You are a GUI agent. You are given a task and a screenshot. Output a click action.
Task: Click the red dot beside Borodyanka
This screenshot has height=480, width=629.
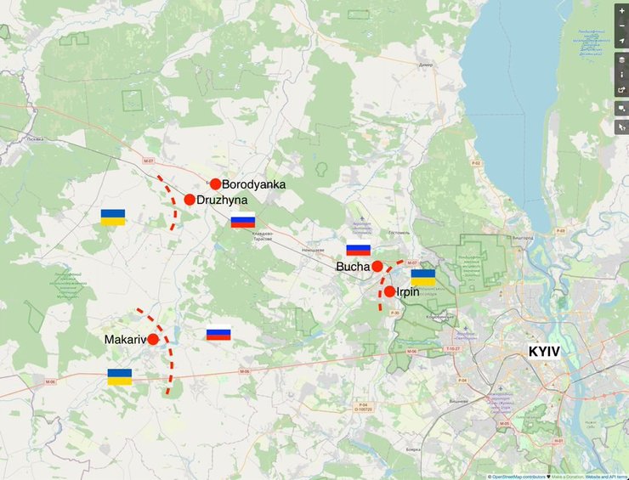click(216, 184)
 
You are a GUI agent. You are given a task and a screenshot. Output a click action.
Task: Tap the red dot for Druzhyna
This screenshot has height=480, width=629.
click(190, 200)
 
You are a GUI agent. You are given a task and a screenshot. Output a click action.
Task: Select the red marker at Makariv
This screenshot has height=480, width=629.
click(153, 339)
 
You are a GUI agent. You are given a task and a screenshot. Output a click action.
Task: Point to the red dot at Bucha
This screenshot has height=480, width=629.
click(377, 266)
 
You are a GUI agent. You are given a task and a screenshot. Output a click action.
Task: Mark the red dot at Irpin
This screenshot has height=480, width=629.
click(389, 291)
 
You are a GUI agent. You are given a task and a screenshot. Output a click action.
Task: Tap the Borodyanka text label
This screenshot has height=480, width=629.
click(253, 184)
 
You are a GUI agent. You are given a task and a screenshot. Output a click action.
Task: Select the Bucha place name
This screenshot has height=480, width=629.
click(353, 267)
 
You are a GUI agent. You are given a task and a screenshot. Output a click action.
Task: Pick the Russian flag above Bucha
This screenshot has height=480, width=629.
click(358, 250)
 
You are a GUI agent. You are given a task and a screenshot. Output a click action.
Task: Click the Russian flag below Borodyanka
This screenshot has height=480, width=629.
click(243, 221)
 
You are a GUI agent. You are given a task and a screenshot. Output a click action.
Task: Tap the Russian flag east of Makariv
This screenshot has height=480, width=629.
click(218, 334)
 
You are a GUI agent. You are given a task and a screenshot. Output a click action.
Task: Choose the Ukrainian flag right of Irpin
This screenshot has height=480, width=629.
click(423, 277)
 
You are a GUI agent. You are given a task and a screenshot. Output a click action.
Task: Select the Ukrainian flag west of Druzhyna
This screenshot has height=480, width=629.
click(113, 217)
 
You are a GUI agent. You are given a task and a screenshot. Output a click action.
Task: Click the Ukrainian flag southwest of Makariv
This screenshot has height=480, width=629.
click(120, 376)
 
